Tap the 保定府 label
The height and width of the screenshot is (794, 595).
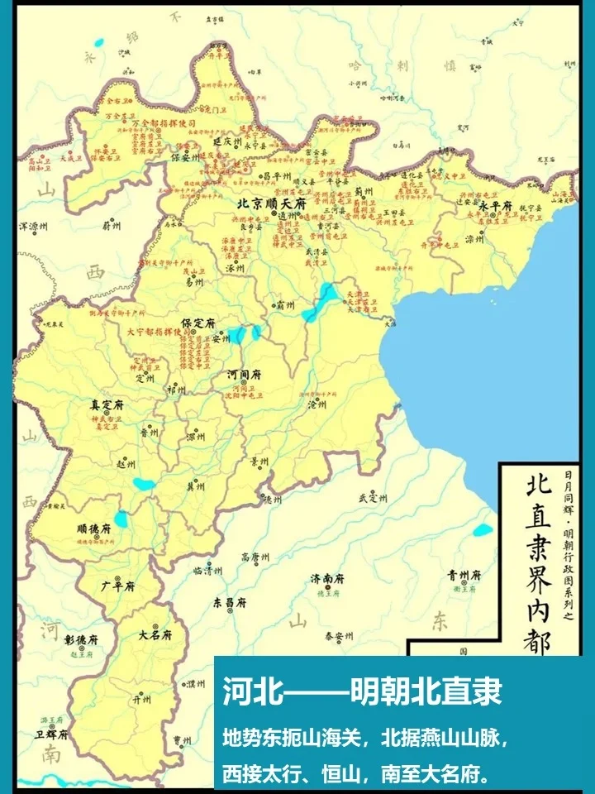pos(198,322)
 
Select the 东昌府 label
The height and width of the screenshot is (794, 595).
pos(230,603)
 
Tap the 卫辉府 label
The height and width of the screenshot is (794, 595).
pos(50,734)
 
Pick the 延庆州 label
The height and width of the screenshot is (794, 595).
pos(226,141)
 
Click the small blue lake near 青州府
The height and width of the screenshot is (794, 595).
pos(483,529)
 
